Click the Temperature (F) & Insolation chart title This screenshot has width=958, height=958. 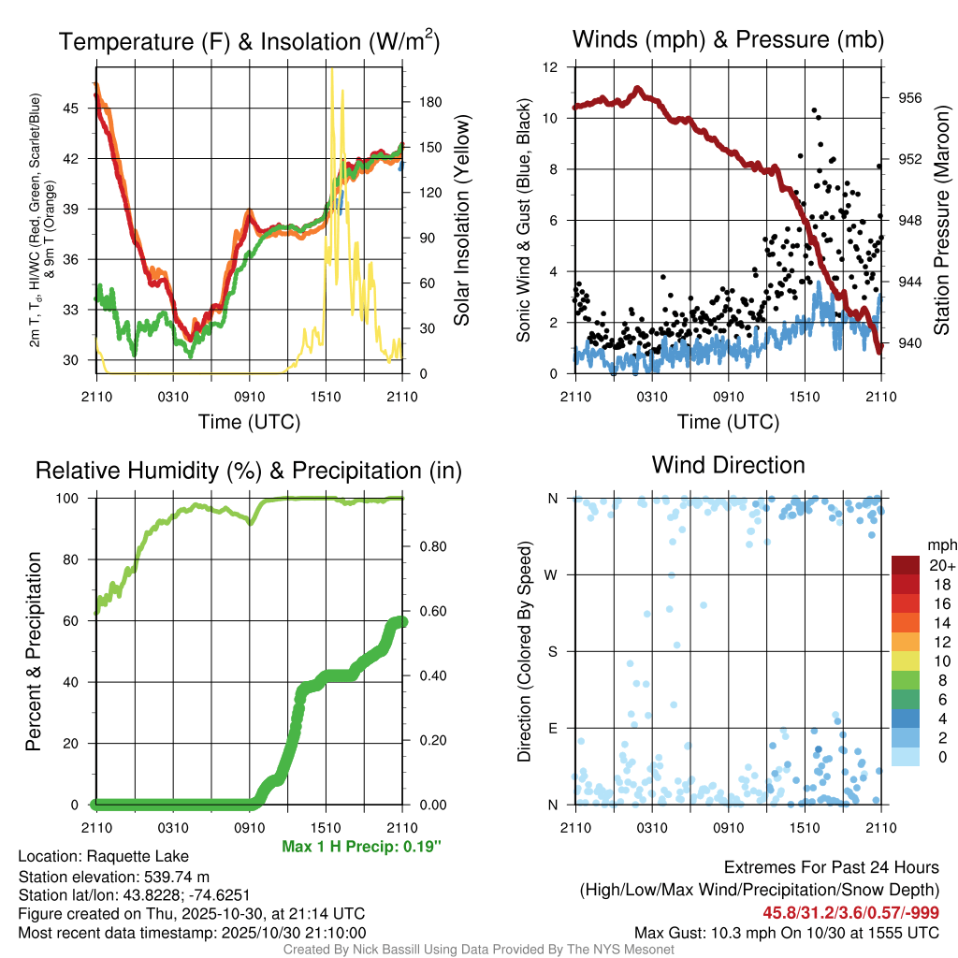click(249, 41)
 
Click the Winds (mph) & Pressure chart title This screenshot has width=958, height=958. click(728, 39)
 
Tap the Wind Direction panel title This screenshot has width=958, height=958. click(728, 465)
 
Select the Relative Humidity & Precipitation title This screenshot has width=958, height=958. click(249, 471)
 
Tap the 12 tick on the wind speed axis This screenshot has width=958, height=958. click(551, 67)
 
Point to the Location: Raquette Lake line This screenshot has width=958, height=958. click(103, 856)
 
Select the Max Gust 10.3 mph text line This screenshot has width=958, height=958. click(786, 932)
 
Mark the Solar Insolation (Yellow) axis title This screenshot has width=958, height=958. click(462, 220)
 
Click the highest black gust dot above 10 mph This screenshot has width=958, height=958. click(814, 110)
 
